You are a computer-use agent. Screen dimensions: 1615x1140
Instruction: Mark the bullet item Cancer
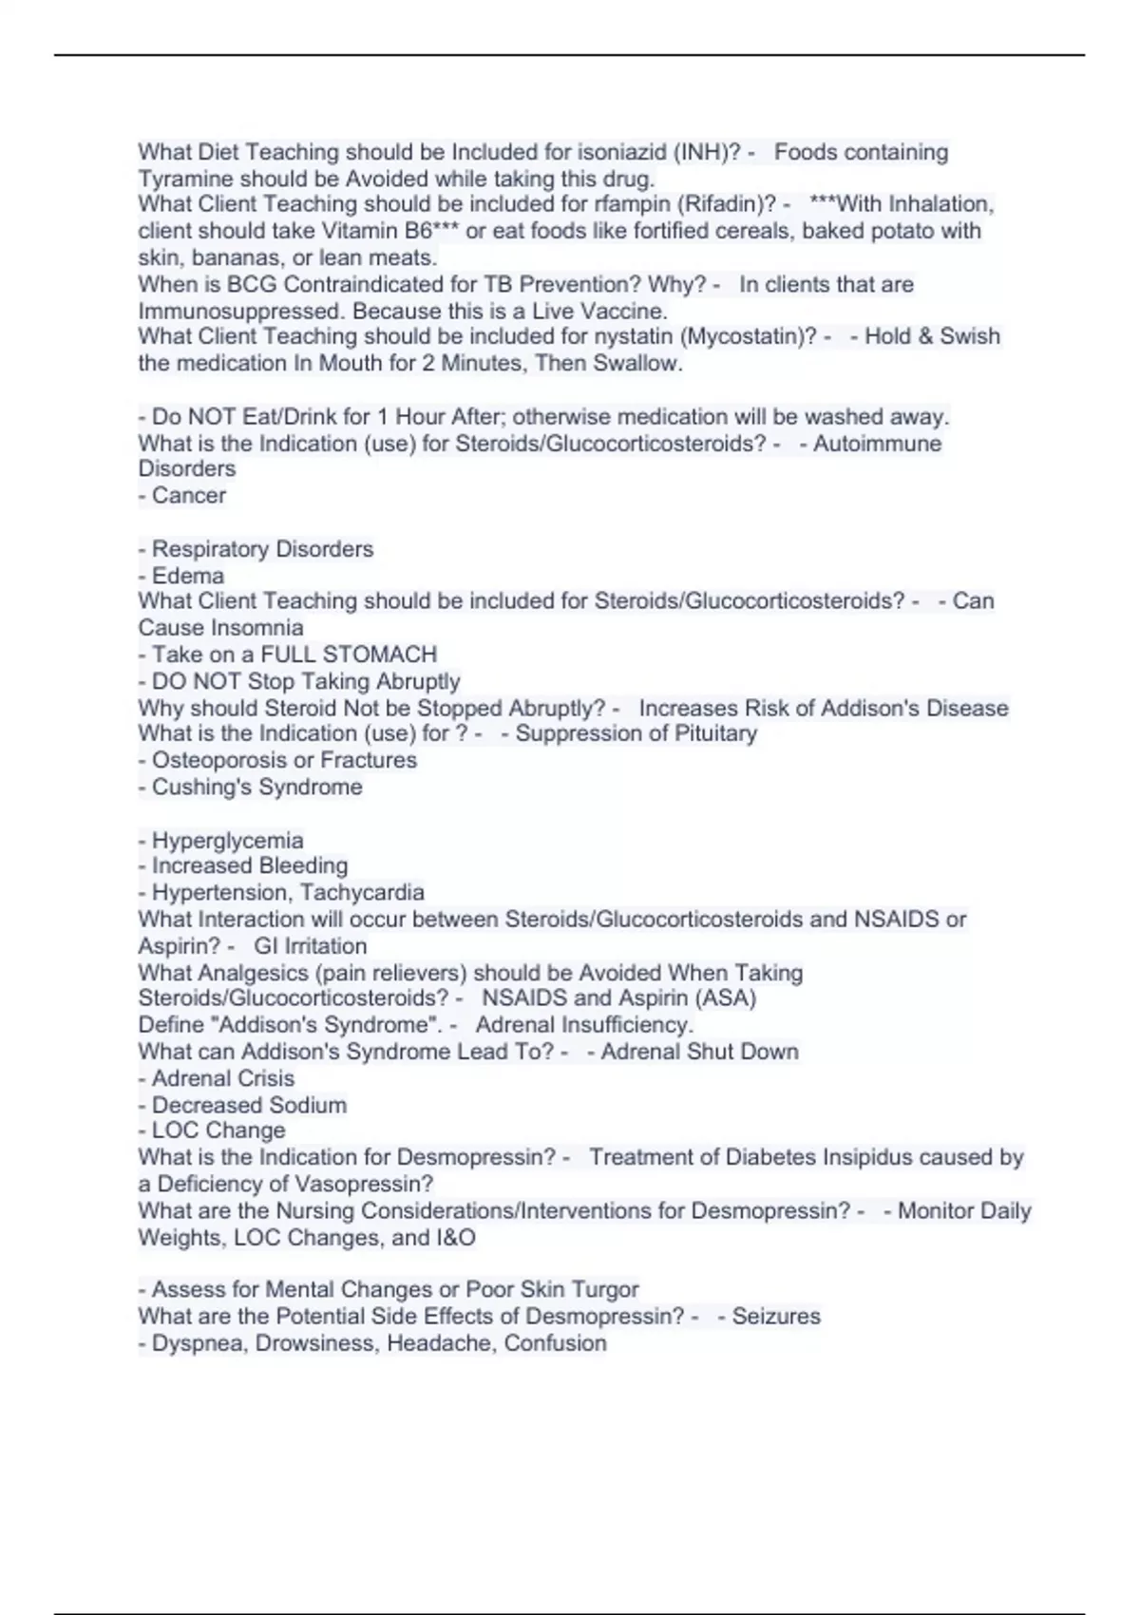click(x=188, y=495)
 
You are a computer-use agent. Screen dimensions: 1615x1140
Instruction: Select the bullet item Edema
click(x=187, y=576)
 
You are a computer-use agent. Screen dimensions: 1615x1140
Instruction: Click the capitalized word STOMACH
click(x=387, y=655)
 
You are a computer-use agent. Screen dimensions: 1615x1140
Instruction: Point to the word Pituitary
click(x=712, y=733)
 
